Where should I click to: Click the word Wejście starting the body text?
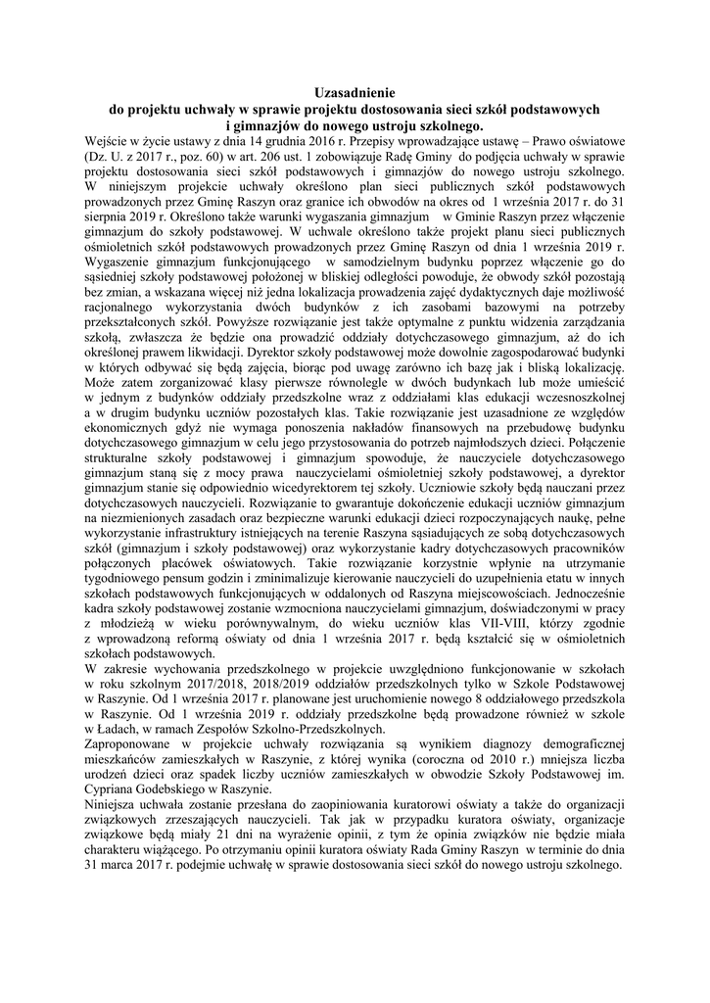109,141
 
